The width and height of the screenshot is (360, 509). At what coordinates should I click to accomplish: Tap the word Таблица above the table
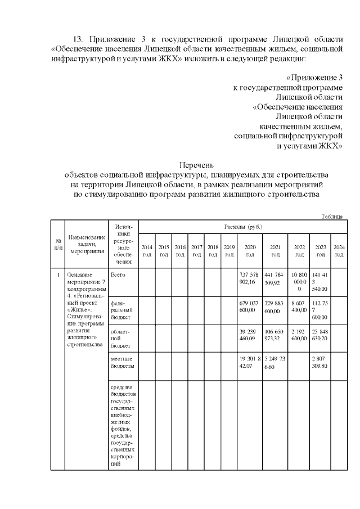(x=332, y=216)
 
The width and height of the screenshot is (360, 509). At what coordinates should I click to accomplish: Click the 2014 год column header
(x=147, y=250)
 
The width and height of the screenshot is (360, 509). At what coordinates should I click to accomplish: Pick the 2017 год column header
(x=196, y=250)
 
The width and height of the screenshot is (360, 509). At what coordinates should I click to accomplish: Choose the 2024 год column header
(x=339, y=250)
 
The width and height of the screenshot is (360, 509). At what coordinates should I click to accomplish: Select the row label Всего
(x=118, y=274)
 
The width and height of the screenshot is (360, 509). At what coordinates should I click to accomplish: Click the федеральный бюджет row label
(x=122, y=310)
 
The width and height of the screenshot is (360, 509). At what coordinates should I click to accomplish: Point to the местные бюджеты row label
(x=123, y=363)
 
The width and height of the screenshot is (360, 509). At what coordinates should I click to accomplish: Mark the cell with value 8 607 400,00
(x=299, y=306)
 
